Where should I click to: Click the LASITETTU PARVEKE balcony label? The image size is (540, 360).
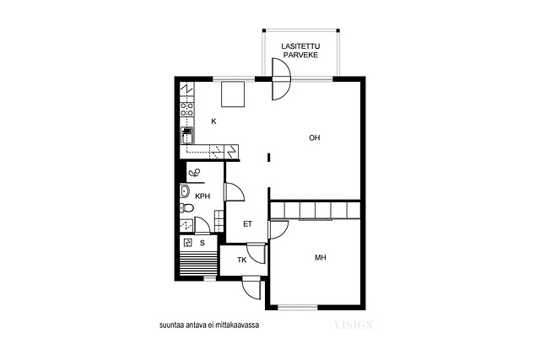[x=300, y=51]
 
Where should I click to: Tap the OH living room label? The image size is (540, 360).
[x=314, y=138]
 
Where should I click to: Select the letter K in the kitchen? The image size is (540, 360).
[x=213, y=121]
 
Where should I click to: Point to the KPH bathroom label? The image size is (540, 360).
[x=202, y=196]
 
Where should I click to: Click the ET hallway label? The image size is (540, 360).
[x=247, y=224]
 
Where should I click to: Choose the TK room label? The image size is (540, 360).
[x=242, y=261]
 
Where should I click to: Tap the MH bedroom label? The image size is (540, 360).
[x=321, y=257]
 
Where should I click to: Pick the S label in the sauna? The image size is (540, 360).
[x=202, y=243]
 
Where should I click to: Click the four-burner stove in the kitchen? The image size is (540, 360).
[x=187, y=109]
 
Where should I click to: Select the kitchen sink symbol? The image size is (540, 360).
[x=187, y=136]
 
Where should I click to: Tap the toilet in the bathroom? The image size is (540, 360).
[x=186, y=208]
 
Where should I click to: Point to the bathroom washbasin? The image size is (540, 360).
[x=185, y=191]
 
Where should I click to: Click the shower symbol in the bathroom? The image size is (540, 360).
[x=195, y=172]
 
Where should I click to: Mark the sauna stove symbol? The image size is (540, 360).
[x=188, y=243]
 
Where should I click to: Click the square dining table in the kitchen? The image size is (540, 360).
[x=233, y=94]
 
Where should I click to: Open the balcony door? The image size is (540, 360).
[x=281, y=79]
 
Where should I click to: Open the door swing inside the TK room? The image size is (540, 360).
[x=256, y=253]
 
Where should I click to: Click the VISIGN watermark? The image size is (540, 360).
[x=354, y=325]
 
